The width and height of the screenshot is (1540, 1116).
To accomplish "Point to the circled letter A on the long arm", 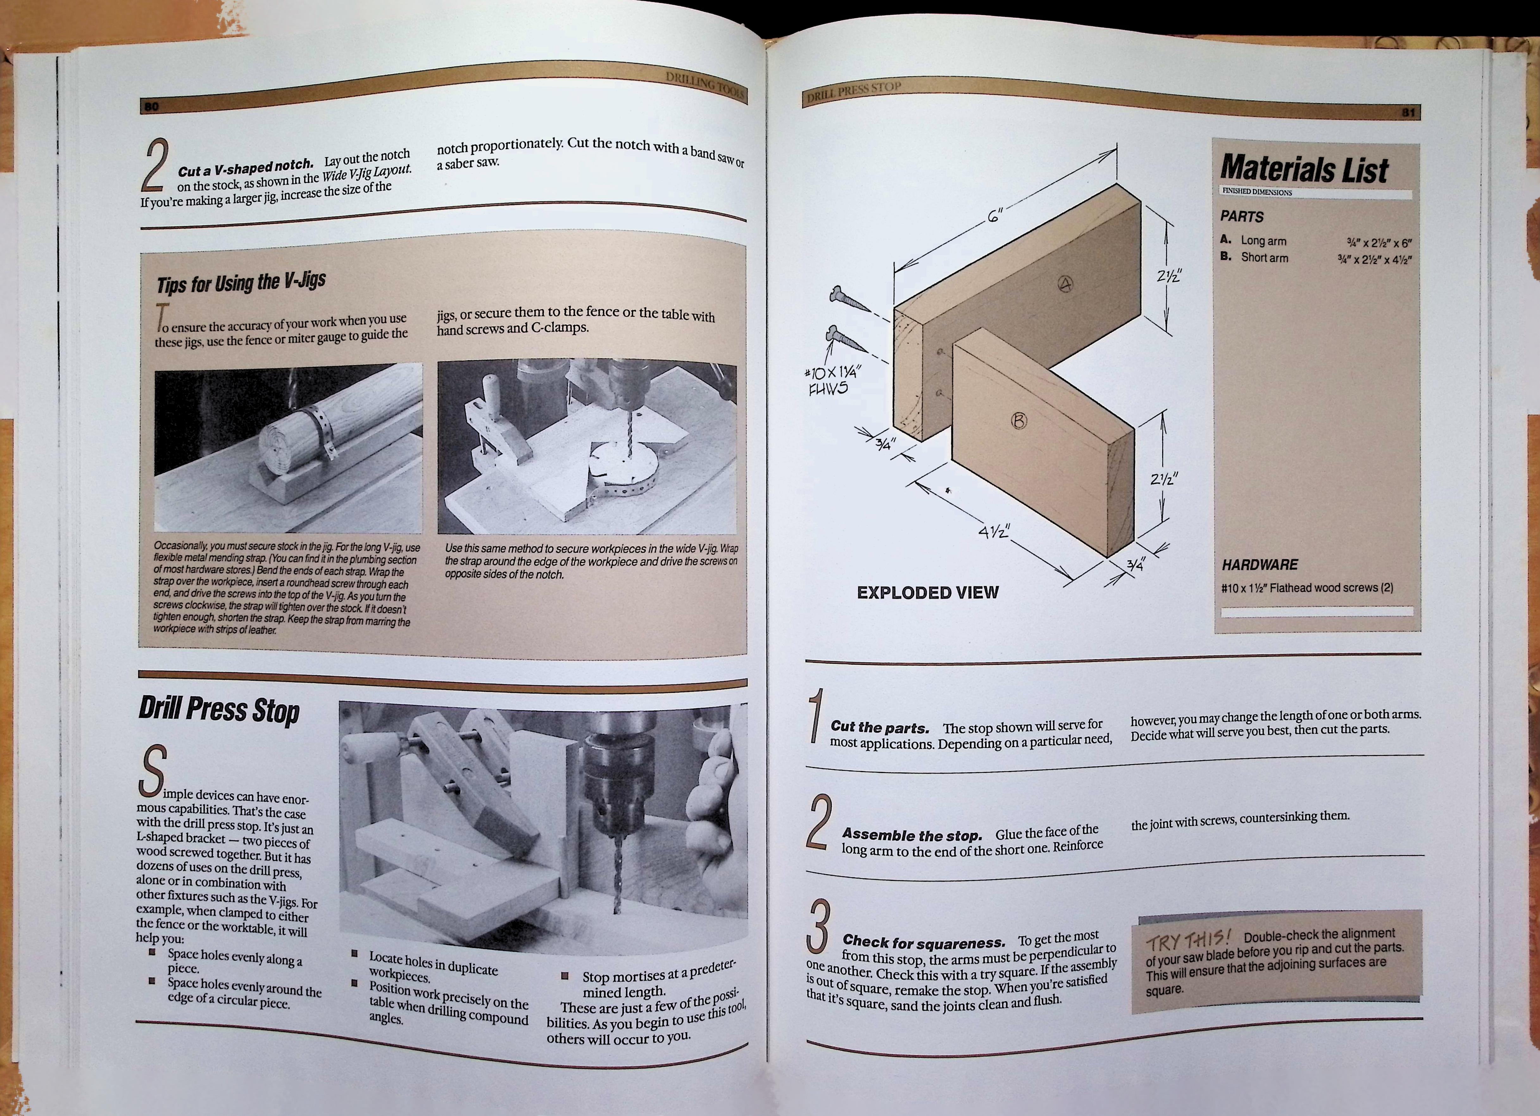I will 1065,285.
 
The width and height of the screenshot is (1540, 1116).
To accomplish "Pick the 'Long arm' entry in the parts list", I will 1263,241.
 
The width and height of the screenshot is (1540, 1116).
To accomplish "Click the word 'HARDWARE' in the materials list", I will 1260,564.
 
